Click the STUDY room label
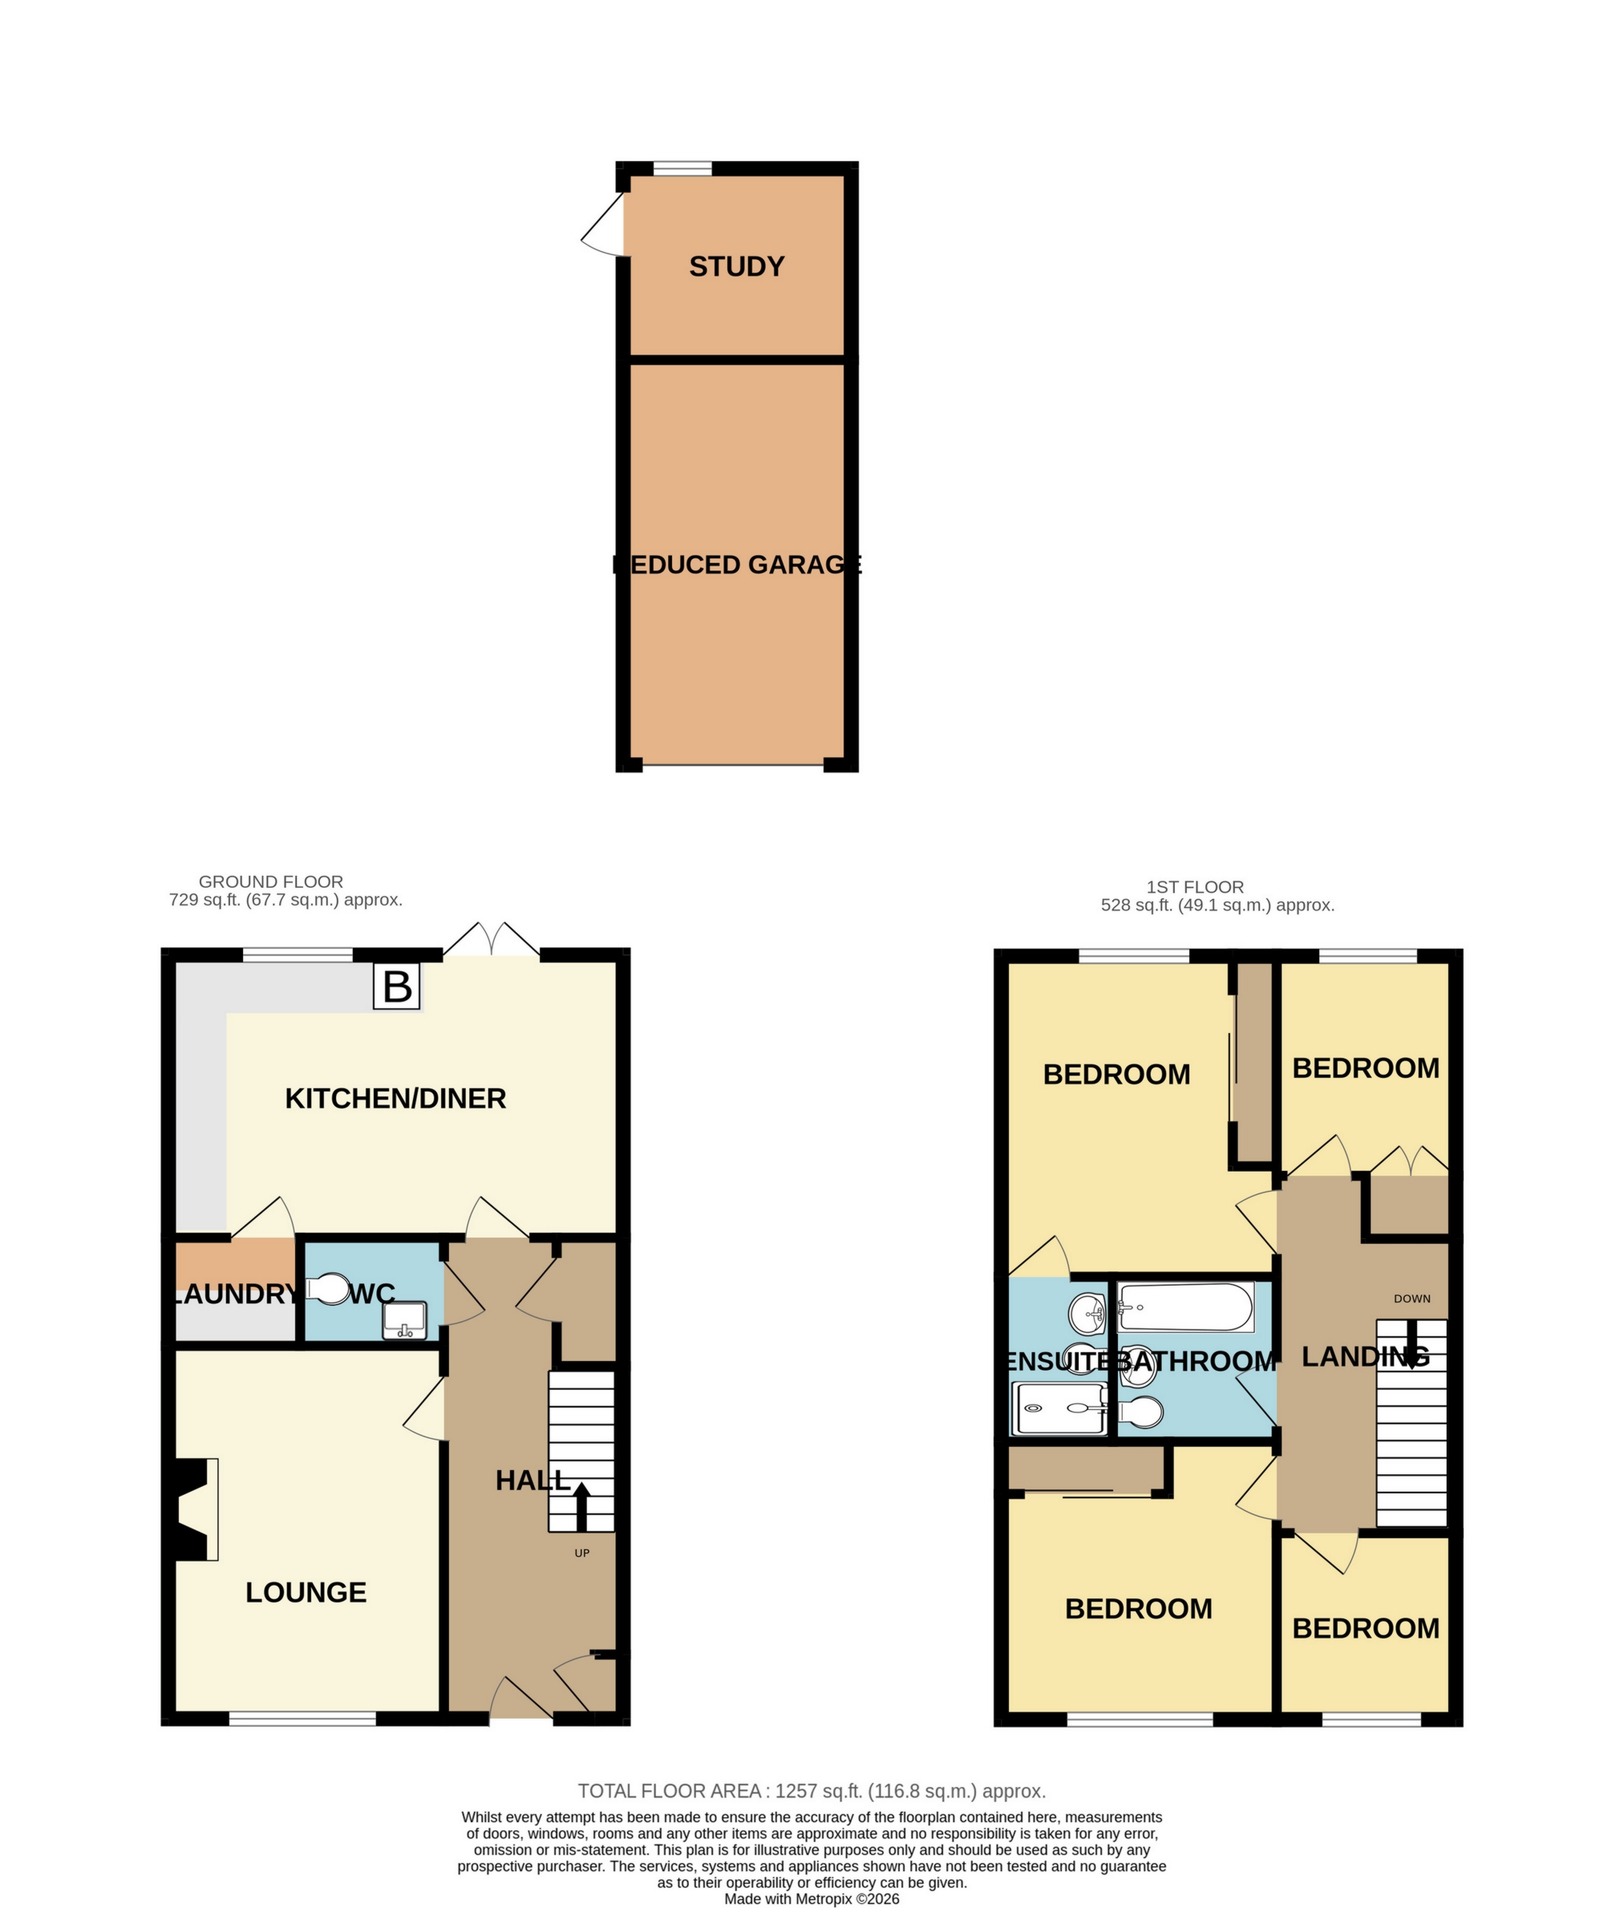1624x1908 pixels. point(736,267)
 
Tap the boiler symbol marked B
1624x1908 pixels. point(397,986)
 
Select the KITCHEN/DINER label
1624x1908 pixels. point(396,1099)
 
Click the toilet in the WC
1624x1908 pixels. point(323,1289)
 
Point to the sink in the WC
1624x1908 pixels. point(405,1320)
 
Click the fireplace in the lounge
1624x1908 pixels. point(193,1509)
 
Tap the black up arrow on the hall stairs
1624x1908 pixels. point(582,1506)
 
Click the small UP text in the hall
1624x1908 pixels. point(582,1553)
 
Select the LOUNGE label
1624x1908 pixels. point(306,1592)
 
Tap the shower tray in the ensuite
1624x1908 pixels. point(1059,1408)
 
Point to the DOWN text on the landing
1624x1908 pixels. point(1412,1298)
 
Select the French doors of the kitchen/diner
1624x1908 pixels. point(492,941)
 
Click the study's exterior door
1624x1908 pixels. point(604,224)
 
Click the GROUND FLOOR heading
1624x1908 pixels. point(271,881)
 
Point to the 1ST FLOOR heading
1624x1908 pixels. point(1195,887)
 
